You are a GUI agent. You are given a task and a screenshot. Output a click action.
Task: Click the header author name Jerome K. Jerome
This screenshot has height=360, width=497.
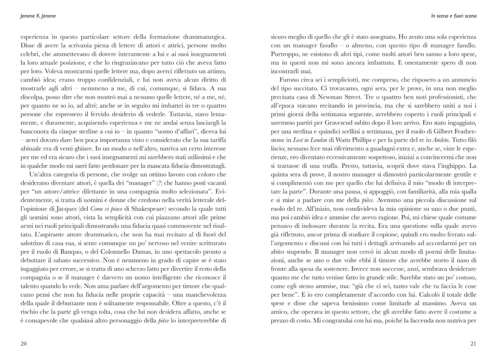pos(35,16)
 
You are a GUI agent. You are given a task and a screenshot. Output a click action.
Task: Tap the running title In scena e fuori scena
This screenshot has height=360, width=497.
pos(453,16)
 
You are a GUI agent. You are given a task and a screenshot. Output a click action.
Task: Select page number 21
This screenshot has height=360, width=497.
pos(472,343)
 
